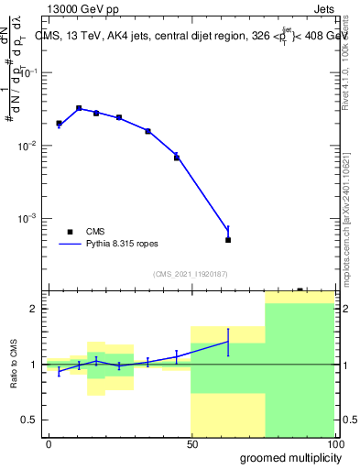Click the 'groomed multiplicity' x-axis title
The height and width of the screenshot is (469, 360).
pyautogui.click(x=289, y=457)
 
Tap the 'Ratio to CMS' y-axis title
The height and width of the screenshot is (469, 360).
pyautogui.click(x=16, y=365)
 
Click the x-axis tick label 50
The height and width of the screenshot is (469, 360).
pyautogui.click(x=191, y=443)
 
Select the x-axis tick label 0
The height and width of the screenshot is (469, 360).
pyautogui.click(x=49, y=443)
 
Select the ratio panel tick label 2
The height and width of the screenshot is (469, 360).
pyautogui.click(x=38, y=309)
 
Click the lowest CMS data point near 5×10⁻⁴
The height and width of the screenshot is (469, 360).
pyautogui.click(x=228, y=240)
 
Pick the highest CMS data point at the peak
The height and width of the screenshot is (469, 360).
pyautogui.click(x=79, y=108)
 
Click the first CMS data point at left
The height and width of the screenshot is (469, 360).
pyautogui.click(x=59, y=123)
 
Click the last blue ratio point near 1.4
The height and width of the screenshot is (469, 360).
pyautogui.click(x=228, y=342)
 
